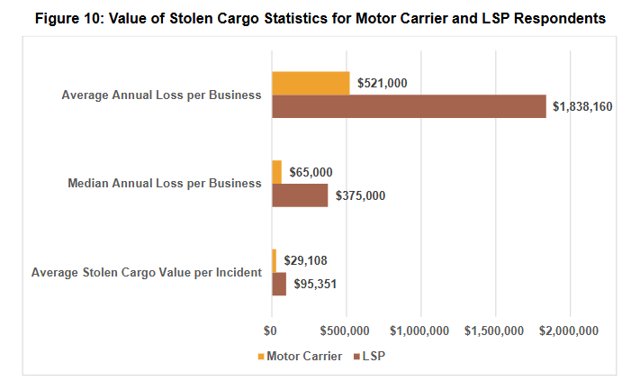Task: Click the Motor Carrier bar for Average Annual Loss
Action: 311,83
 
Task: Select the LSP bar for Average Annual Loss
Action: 409,106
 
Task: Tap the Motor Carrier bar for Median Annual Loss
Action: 276,171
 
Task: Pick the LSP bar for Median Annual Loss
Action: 300,195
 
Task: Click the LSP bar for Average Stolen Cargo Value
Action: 279,284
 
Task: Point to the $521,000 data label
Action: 383,83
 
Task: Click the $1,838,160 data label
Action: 581,106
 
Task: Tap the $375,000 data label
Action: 360,195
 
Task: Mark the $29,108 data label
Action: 305,260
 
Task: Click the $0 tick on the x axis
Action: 271,331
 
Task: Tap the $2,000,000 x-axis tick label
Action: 570,331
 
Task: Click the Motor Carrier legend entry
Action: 300,356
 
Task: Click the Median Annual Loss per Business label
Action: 165,183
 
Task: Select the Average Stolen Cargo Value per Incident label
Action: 147,271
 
